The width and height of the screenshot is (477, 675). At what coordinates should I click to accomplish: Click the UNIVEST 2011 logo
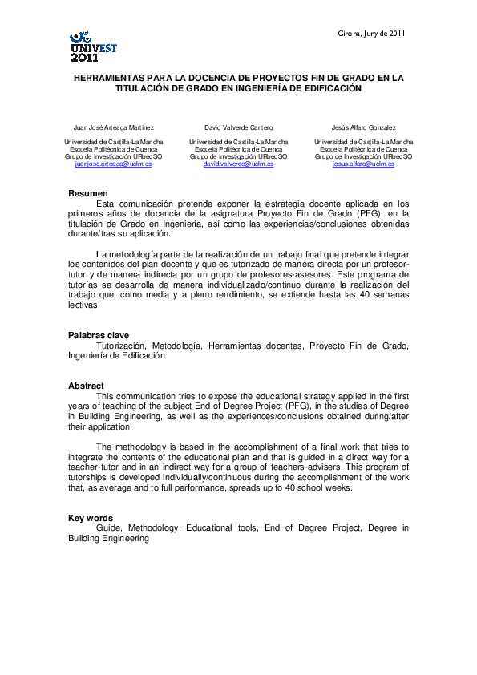coord(94,48)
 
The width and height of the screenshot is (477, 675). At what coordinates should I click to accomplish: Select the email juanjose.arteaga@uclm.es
coord(113,163)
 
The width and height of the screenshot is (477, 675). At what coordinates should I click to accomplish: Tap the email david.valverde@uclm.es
coord(238,163)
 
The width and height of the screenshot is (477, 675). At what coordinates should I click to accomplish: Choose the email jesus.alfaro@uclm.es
coord(363,163)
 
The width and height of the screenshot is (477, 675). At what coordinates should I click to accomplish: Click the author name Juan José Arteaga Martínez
coord(113,127)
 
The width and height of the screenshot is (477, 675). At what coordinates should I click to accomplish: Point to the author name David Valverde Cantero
coord(238,127)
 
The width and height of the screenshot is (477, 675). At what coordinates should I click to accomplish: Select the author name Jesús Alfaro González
coord(363,127)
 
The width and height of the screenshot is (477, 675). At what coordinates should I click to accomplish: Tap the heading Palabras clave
coord(98,335)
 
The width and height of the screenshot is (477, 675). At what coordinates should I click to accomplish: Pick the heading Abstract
coord(86,386)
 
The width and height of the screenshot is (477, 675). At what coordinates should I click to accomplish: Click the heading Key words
coord(90,518)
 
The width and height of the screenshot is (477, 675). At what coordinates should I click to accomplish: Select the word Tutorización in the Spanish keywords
coord(121,346)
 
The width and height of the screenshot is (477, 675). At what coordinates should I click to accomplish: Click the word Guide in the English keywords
coord(108,528)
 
